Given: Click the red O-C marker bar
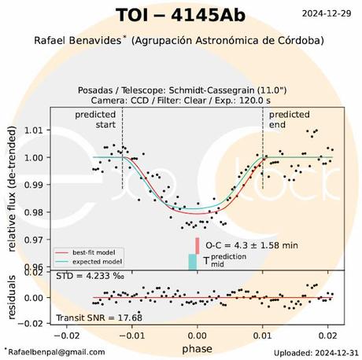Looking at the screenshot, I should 198,244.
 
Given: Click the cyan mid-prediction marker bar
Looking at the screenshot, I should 193,262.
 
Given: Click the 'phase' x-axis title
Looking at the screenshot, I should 196,347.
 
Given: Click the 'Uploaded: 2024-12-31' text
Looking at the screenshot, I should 314,353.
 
